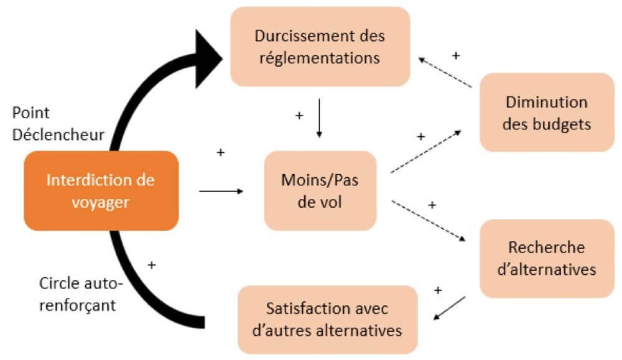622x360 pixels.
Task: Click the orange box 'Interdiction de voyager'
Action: coord(101,190)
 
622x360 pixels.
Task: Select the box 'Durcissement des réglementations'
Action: coord(320,47)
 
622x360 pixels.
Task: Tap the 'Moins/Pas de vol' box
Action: coord(320,190)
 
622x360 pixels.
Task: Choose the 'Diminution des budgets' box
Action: coord(547,113)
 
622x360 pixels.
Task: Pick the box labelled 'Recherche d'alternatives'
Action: coord(547,258)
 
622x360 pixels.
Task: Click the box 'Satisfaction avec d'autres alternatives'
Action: coord(327,318)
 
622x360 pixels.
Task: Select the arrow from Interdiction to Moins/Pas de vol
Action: coord(221,191)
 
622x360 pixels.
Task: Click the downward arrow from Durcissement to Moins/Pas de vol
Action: coord(319,118)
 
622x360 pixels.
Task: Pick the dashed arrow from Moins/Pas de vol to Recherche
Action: coord(428,220)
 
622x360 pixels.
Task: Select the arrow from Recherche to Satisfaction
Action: coord(448,309)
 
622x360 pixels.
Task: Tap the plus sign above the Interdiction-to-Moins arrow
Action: coord(220,152)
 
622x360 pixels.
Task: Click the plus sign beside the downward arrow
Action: coord(299,116)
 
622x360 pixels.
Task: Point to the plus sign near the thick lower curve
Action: coord(151,265)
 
